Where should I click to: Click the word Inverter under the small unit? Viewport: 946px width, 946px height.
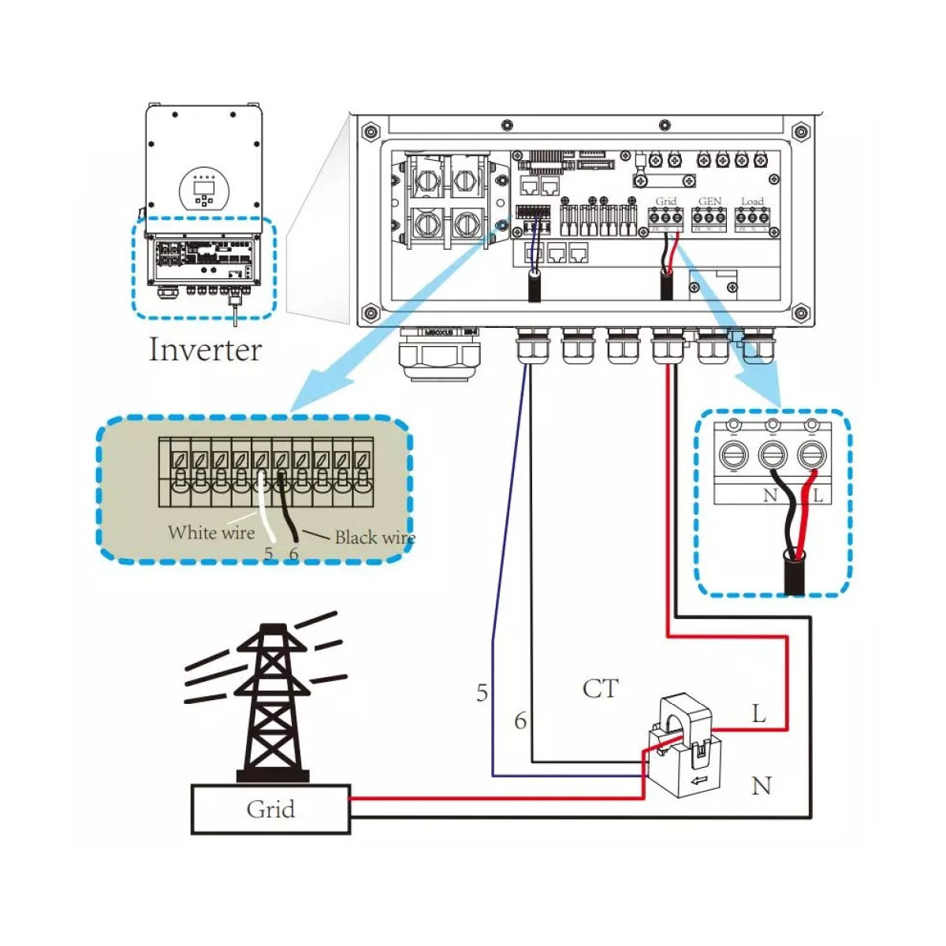point(205,349)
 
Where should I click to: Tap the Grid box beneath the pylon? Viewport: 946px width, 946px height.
point(270,809)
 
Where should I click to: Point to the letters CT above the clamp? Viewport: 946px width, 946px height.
point(600,689)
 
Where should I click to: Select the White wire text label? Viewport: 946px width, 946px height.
point(211,533)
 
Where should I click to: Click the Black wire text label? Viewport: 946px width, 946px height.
point(374,538)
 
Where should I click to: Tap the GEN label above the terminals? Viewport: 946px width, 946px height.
point(709,202)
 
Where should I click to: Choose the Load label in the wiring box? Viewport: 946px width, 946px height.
point(752,202)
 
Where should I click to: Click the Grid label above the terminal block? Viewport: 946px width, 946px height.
point(666,202)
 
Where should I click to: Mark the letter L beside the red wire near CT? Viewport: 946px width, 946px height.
point(758,714)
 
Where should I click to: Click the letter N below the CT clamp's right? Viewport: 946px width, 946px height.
point(761,786)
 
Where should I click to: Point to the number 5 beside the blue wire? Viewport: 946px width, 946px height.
point(482,693)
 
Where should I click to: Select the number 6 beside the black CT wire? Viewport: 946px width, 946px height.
point(520,721)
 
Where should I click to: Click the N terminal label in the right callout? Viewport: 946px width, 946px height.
point(770,496)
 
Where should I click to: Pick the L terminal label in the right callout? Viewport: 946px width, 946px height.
point(818,496)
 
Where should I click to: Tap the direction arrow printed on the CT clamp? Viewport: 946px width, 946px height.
point(698,781)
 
